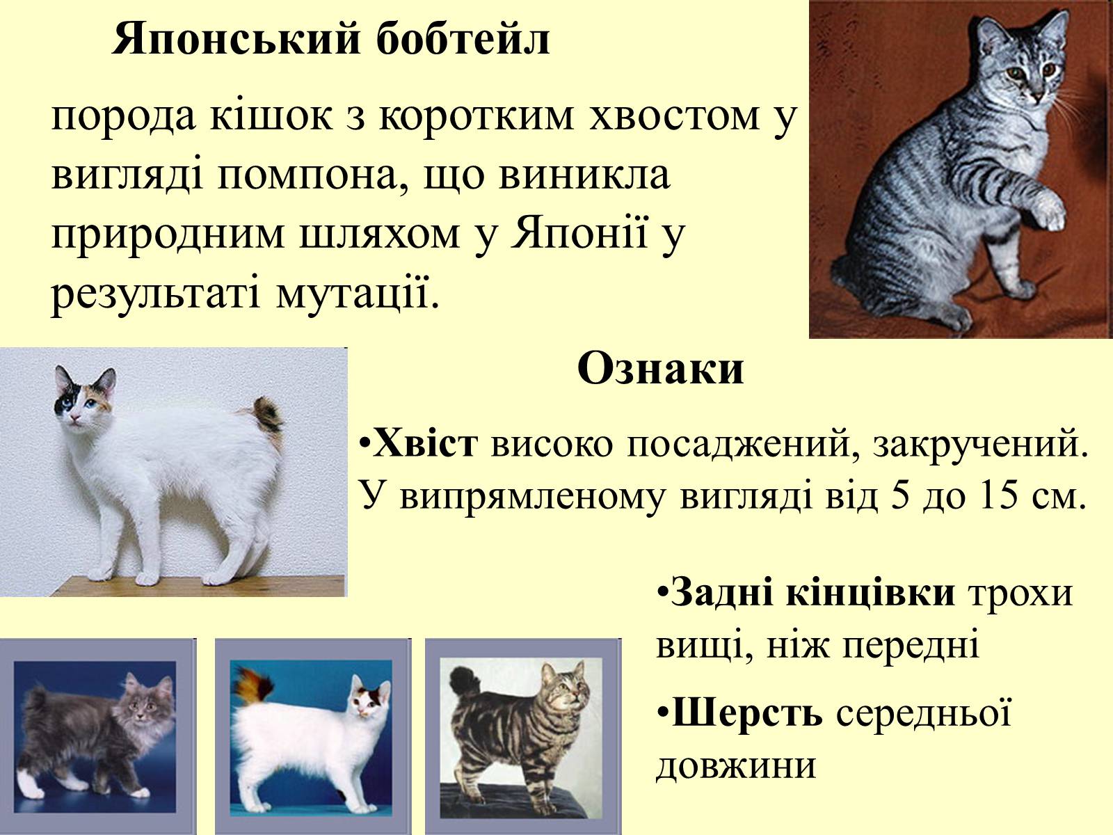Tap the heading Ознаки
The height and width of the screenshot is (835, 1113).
coord(661,369)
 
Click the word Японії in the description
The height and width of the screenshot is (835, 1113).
coord(579,232)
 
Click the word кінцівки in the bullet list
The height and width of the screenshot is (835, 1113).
coord(870,592)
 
